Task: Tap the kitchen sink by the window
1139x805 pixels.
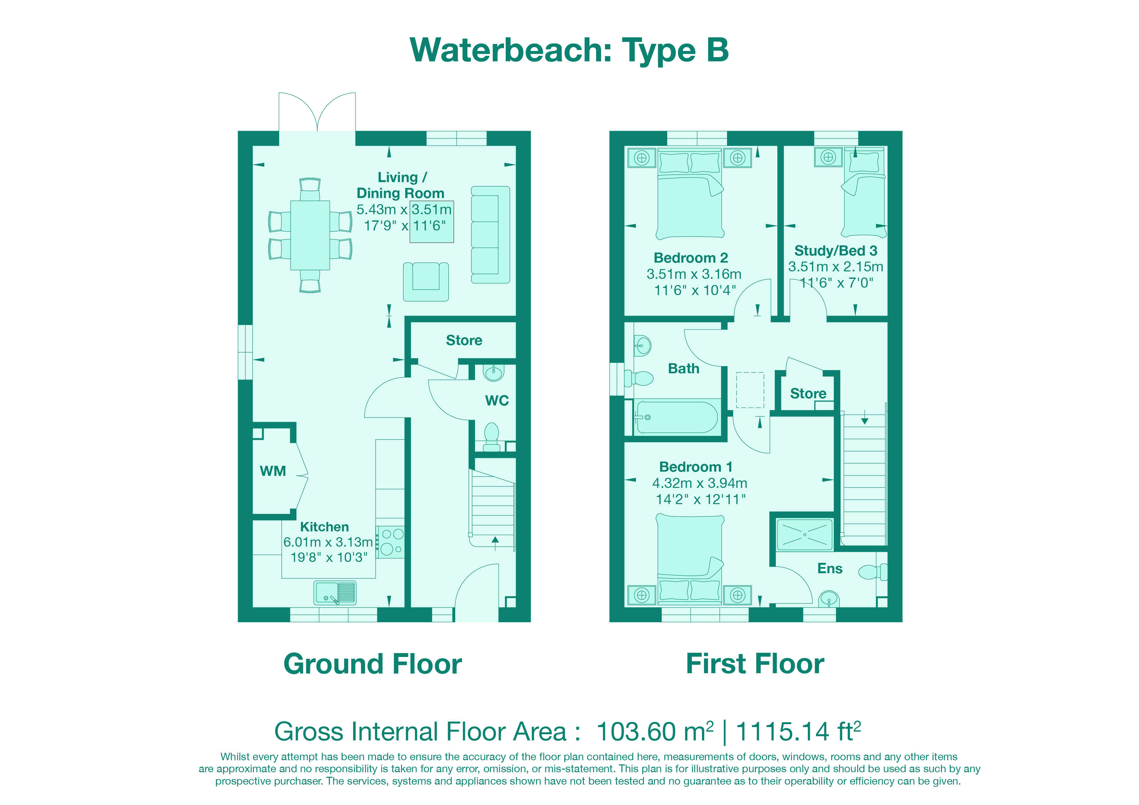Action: pos(335,593)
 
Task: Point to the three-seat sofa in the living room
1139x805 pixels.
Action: pos(490,235)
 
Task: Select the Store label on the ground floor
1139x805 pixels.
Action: pos(464,340)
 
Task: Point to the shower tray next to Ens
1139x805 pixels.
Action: pos(804,535)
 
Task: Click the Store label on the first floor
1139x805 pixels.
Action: pos(808,393)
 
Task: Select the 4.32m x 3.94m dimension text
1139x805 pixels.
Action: pos(699,483)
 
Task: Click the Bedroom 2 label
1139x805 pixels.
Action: pos(691,258)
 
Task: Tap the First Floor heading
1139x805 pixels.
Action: pos(755,664)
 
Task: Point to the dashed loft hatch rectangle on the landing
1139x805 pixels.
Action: pos(750,390)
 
